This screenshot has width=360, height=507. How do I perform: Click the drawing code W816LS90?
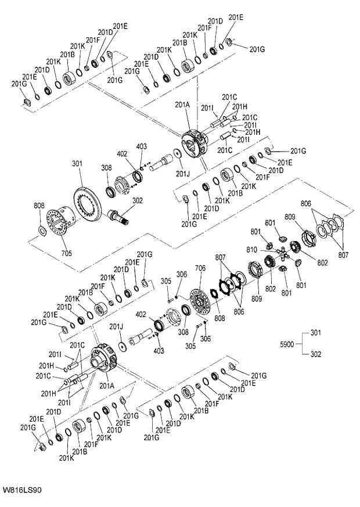point(21,491)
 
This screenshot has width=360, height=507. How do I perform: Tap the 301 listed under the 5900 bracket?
point(315,333)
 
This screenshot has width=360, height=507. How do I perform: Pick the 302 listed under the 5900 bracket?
point(315,354)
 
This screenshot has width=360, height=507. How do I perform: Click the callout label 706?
point(200,268)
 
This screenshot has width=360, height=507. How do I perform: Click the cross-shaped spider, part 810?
point(282,254)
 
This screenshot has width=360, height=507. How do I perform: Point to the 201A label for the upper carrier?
point(183,105)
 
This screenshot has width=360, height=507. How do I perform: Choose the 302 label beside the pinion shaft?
point(137,201)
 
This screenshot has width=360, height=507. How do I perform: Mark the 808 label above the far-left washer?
point(39,206)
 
